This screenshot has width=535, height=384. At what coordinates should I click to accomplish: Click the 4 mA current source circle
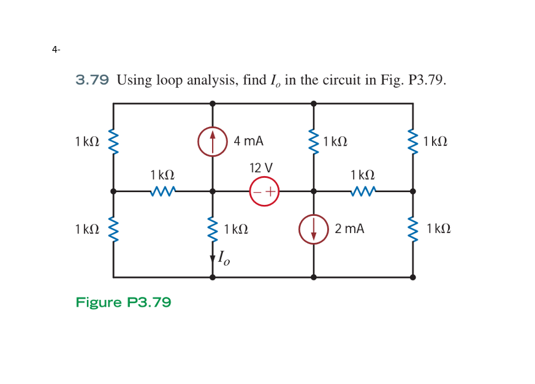(212, 142)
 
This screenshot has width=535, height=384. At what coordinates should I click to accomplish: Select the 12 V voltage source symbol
(264, 191)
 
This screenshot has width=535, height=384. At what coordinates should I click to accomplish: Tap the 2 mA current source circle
(314, 229)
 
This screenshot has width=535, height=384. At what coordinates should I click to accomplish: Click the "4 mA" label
(249, 141)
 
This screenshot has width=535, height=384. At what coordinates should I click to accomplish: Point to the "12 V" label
(262, 167)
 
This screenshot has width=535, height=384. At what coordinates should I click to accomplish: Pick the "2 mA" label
(349, 229)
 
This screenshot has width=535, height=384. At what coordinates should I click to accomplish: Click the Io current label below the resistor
(224, 258)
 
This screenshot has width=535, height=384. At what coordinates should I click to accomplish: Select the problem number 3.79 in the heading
(92, 80)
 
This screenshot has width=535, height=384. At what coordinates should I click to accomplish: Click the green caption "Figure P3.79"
(123, 302)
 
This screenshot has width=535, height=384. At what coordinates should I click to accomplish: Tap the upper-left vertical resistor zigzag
(113, 142)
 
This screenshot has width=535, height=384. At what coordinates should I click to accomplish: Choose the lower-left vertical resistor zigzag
(113, 229)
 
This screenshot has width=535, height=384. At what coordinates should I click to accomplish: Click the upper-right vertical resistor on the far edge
(412, 142)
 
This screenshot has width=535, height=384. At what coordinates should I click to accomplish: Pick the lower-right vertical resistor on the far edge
(412, 229)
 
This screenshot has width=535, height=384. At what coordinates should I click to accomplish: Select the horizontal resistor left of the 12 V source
(163, 191)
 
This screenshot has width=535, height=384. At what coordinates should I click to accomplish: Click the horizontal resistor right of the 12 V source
(363, 191)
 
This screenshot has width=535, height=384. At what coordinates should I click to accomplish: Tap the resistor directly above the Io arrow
(213, 229)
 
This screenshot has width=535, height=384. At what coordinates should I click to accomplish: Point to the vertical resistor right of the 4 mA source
(314, 142)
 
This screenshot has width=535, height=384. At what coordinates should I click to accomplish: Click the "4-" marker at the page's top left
(56, 49)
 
